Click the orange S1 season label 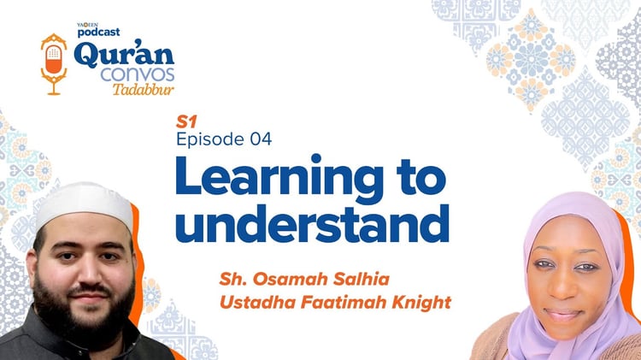click(185, 122)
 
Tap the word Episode click(211, 139)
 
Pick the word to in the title click(417, 180)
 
